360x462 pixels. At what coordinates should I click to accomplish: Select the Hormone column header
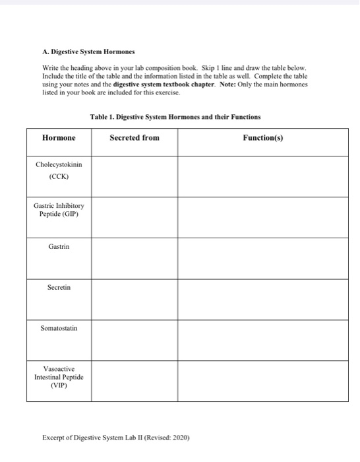click(x=59, y=138)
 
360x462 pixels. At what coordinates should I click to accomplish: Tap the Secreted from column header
click(x=134, y=138)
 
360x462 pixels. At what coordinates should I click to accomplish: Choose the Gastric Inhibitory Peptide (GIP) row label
click(x=59, y=211)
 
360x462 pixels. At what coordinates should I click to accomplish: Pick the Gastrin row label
click(x=59, y=246)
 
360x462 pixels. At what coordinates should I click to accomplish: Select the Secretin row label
click(x=59, y=288)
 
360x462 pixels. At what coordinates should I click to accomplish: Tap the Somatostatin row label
click(x=59, y=327)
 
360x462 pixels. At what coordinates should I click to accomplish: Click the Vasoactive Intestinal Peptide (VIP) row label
click(x=59, y=378)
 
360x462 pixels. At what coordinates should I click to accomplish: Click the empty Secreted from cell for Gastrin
click(x=134, y=257)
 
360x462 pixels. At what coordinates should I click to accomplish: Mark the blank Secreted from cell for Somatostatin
click(x=134, y=339)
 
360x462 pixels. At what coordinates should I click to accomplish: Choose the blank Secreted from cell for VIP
click(x=134, y=381)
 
